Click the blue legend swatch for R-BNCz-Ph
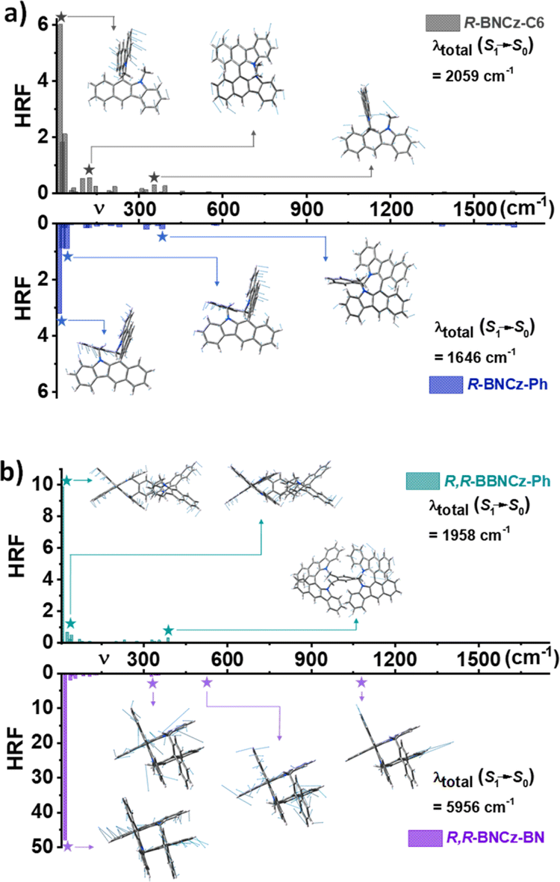point(446,385)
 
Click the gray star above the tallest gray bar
point(61,16)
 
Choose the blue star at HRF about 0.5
point(162,237)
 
